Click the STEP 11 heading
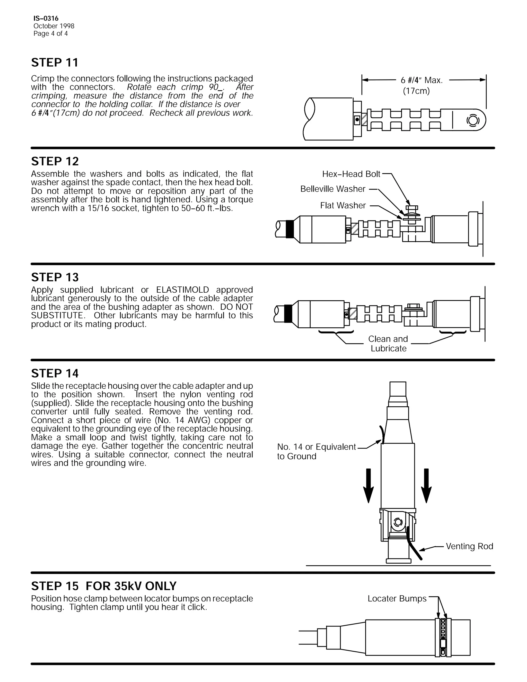[x=55, y=63]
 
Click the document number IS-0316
[x=46, y=19]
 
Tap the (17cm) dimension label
[x=416, y=91]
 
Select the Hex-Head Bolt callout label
[x=351, y=174]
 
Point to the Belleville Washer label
[x=332, y=189]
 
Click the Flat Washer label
[x=343, y=205]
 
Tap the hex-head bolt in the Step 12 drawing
[x=411, y=208]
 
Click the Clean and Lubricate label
[x=388, y=344]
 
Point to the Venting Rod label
[x=469, y=546]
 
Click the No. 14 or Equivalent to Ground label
[x=316, y=451]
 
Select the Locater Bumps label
[x=397, y=599]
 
